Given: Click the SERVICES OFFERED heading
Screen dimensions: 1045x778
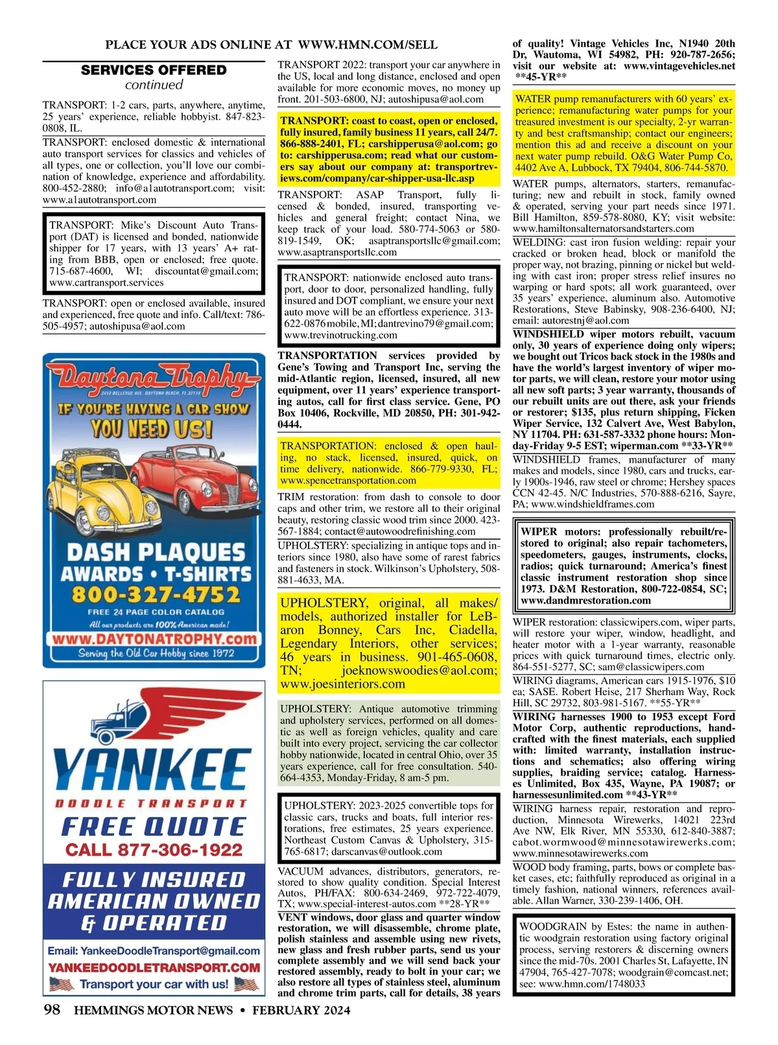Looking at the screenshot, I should point(154,70).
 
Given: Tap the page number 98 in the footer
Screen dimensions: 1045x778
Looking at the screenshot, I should point(53,1009).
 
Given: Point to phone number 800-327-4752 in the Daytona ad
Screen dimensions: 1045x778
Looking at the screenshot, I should point(155,595).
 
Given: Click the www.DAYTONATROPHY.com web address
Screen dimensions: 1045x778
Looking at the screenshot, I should point(154,638).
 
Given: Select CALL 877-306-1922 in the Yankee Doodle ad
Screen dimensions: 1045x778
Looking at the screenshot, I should point(154,849).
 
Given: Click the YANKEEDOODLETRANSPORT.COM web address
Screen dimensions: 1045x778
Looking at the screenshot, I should point(154,967).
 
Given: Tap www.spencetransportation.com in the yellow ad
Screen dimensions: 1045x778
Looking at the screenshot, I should point(348,481).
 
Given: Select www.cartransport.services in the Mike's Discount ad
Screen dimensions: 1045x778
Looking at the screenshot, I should point(106,282).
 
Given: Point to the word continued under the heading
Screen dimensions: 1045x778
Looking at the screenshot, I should point(154,85).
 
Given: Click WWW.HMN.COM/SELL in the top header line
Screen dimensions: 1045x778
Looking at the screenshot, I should point(368,45).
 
